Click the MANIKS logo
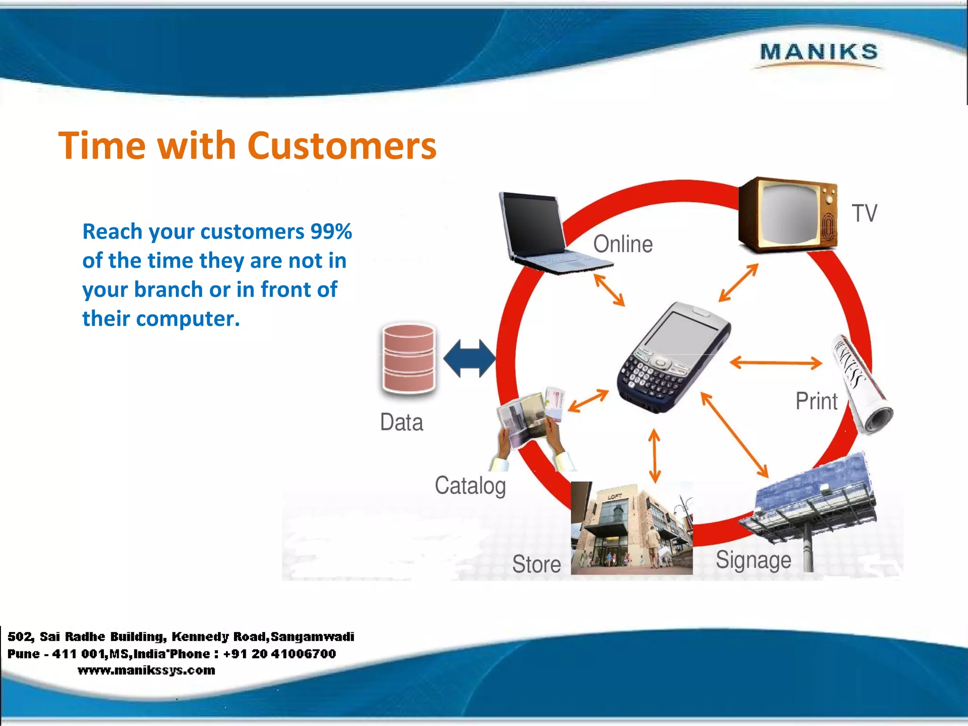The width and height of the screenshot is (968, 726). tap(819, 52)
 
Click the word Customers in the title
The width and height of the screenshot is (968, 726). tap(342, 146)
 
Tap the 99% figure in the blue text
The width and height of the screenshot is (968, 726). tap(331, 232)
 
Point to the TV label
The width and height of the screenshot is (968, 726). tap(864, 213)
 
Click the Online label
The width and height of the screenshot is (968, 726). tap(623, 244)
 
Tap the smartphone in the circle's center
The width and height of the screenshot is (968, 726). tap(674, 357)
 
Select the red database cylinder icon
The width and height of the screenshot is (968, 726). tap(408, 359)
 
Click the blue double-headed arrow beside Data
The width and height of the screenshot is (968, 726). tap(469, 359)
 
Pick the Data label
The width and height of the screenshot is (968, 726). tap(402, 422)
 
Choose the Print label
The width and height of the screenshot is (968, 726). tap(816, 401)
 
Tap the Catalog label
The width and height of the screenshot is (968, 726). tap(470, 485)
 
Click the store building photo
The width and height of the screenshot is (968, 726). tap(631, 528)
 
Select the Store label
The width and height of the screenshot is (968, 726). tap(536, 564)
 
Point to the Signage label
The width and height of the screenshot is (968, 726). tap(753, 560)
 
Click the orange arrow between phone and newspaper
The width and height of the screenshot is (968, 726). tap(776, 363)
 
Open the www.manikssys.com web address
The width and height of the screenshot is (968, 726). tap(147, 670)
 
